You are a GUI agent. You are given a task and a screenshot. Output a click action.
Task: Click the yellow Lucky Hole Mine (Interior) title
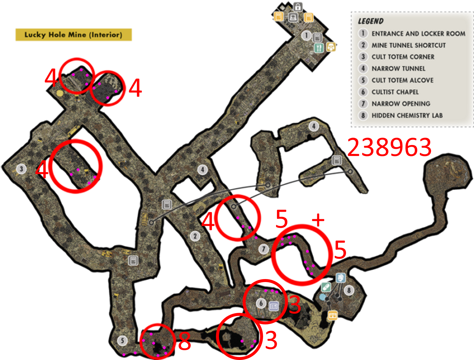[x=73, y=35]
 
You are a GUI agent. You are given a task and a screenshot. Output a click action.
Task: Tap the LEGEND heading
[x=371, y=21]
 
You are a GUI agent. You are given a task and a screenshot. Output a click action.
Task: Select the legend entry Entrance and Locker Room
[x=418, y=34]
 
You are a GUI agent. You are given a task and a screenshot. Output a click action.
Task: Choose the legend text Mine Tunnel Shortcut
[x=409, y=45]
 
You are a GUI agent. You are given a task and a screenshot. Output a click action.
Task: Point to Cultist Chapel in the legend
[x=395, y=92]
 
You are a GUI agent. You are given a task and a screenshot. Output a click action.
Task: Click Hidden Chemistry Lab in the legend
[x=407, y=115]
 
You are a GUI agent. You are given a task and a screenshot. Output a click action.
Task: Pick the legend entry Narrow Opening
[x=401, y=104]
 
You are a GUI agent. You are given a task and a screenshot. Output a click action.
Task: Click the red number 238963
[x=389, y=147]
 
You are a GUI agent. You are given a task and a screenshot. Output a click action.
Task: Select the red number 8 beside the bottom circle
[x=185, y=341]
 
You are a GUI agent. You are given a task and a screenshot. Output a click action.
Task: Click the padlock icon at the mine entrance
[x=298, y=7]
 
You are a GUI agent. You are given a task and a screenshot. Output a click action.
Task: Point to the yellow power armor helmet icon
[x=331, y=47]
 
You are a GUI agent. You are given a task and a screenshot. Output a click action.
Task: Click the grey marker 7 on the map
[x=263, y=249]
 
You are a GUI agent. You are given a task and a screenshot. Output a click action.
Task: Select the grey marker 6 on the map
[x=261, y=303]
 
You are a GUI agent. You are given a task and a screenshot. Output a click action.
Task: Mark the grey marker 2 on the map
[x=195, y=236]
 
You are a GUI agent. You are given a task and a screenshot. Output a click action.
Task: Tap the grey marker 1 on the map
[x=306, y=35]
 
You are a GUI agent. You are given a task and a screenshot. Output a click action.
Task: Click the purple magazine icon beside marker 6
[x=274, y=306]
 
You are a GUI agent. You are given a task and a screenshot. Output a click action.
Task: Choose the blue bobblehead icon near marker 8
[x=341, y=278]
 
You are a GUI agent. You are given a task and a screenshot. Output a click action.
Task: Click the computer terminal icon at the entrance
[x=293, y=17]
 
